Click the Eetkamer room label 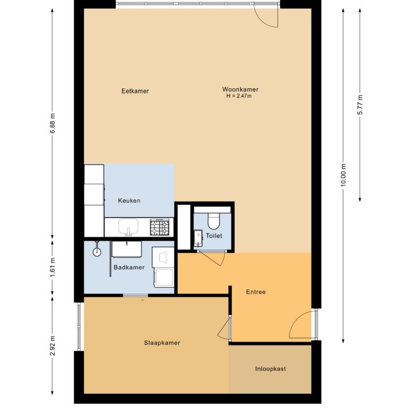click(x=135, y=91)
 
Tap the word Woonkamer click(x=241, y=89)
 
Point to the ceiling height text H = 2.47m click(x=238, y=96)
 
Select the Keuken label click(x=129, y=201)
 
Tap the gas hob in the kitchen click(x=160, y=227)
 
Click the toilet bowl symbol click(x=213, y=221)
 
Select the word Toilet click(x=214, y=235)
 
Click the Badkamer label click(x=129, y=267)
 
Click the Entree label click(x=255, y=291)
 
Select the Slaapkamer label click(x=162, y=343)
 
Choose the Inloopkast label click(x=270, y=369)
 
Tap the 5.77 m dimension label click(x=360, y=107)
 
